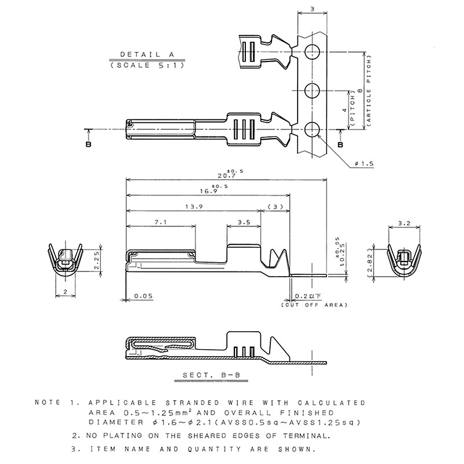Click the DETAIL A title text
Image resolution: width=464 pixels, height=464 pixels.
(147, 54)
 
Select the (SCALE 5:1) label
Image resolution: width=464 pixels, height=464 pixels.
(147, 66)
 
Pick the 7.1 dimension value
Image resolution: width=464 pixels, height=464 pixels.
(161, 222)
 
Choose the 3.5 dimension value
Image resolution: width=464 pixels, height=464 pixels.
(244, 222)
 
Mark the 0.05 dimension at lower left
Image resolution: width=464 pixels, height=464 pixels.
(143, 296)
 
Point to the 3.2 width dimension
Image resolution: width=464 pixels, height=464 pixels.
(405, 223)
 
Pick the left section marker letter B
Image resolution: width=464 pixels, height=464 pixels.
(88, 143)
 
